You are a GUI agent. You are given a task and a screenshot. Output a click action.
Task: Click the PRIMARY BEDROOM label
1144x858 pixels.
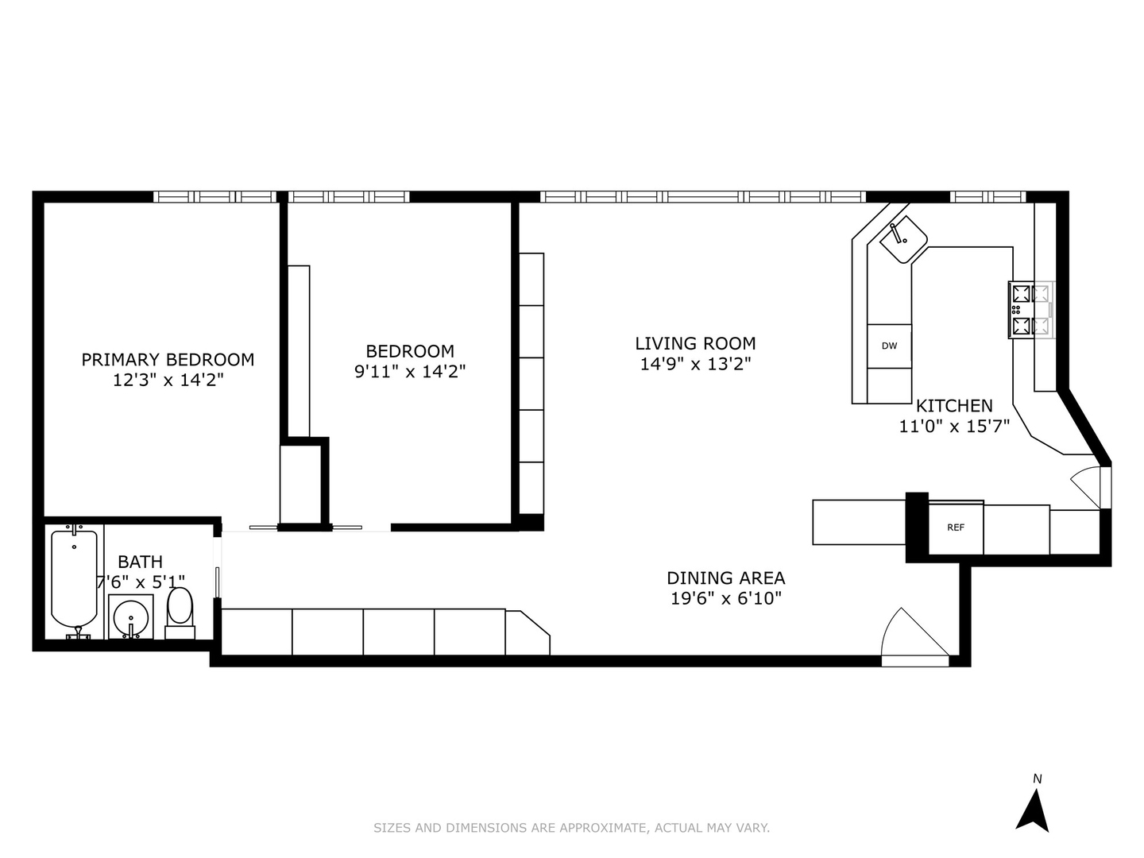pos(168,359)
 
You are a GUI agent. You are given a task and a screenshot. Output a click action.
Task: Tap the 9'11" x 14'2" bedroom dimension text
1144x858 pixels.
pos(410,371)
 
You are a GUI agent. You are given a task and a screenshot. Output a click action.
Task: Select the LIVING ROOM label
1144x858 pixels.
pos(695,343)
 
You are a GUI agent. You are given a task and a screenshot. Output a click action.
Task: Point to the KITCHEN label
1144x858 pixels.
pos(954,406)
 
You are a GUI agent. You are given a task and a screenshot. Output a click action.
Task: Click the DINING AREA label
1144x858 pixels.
pos(725,578)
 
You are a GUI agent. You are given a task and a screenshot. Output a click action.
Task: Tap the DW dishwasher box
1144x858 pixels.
pos(889,346)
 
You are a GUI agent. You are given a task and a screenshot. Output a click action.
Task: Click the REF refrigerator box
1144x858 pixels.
pos(956,528)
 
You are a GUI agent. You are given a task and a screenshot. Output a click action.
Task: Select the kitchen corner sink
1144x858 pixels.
pos(904,238)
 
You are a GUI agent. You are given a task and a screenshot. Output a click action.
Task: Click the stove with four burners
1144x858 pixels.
pos(1030,310)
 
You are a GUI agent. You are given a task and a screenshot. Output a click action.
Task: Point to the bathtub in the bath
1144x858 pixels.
pos(74,578)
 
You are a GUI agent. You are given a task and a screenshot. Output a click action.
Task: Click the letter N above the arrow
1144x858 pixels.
pos(1037,779)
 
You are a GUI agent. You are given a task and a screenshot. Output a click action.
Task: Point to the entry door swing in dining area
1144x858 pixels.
pos(914,636)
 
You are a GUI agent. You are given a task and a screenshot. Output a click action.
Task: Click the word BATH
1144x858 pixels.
pos(140,562)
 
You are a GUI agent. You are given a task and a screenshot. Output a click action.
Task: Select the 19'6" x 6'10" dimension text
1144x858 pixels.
pos(725,599)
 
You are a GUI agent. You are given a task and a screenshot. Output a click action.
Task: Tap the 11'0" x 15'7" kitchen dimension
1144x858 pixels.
pos(954,427)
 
